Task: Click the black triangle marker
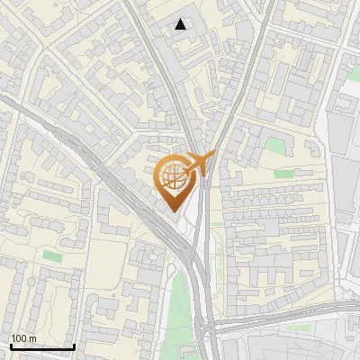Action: pos(181,24)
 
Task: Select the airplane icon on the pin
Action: pos(200,163)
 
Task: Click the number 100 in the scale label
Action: pos(18,338)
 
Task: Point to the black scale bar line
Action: pos(42,346)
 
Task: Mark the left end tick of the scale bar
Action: pos(11,345)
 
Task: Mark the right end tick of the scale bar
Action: pos(74,345)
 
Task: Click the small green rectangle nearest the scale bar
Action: pos(52,257)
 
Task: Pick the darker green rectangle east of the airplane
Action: pos(283,173)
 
